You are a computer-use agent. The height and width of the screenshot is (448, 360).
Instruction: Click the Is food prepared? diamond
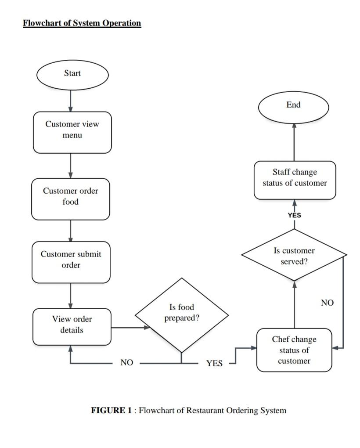point(181,315)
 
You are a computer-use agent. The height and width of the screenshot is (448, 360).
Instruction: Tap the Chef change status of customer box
point(294,350)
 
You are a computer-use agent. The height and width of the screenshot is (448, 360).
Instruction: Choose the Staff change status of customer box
point(295,180)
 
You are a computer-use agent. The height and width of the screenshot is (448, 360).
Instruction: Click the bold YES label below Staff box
point(295,215)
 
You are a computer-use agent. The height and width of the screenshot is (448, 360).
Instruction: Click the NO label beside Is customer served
point(327,303)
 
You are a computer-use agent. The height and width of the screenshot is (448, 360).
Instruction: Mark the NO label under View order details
point(126,363)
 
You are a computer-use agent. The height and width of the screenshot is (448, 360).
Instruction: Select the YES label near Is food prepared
point(214,363)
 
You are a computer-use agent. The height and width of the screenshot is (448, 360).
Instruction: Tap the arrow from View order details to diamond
point(130,327)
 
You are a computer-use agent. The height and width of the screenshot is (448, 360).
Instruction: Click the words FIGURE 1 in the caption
point(111,410)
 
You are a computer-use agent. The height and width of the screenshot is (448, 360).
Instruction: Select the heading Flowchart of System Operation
point(82,23)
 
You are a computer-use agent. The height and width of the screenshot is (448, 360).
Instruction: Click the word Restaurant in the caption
point(205,410)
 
